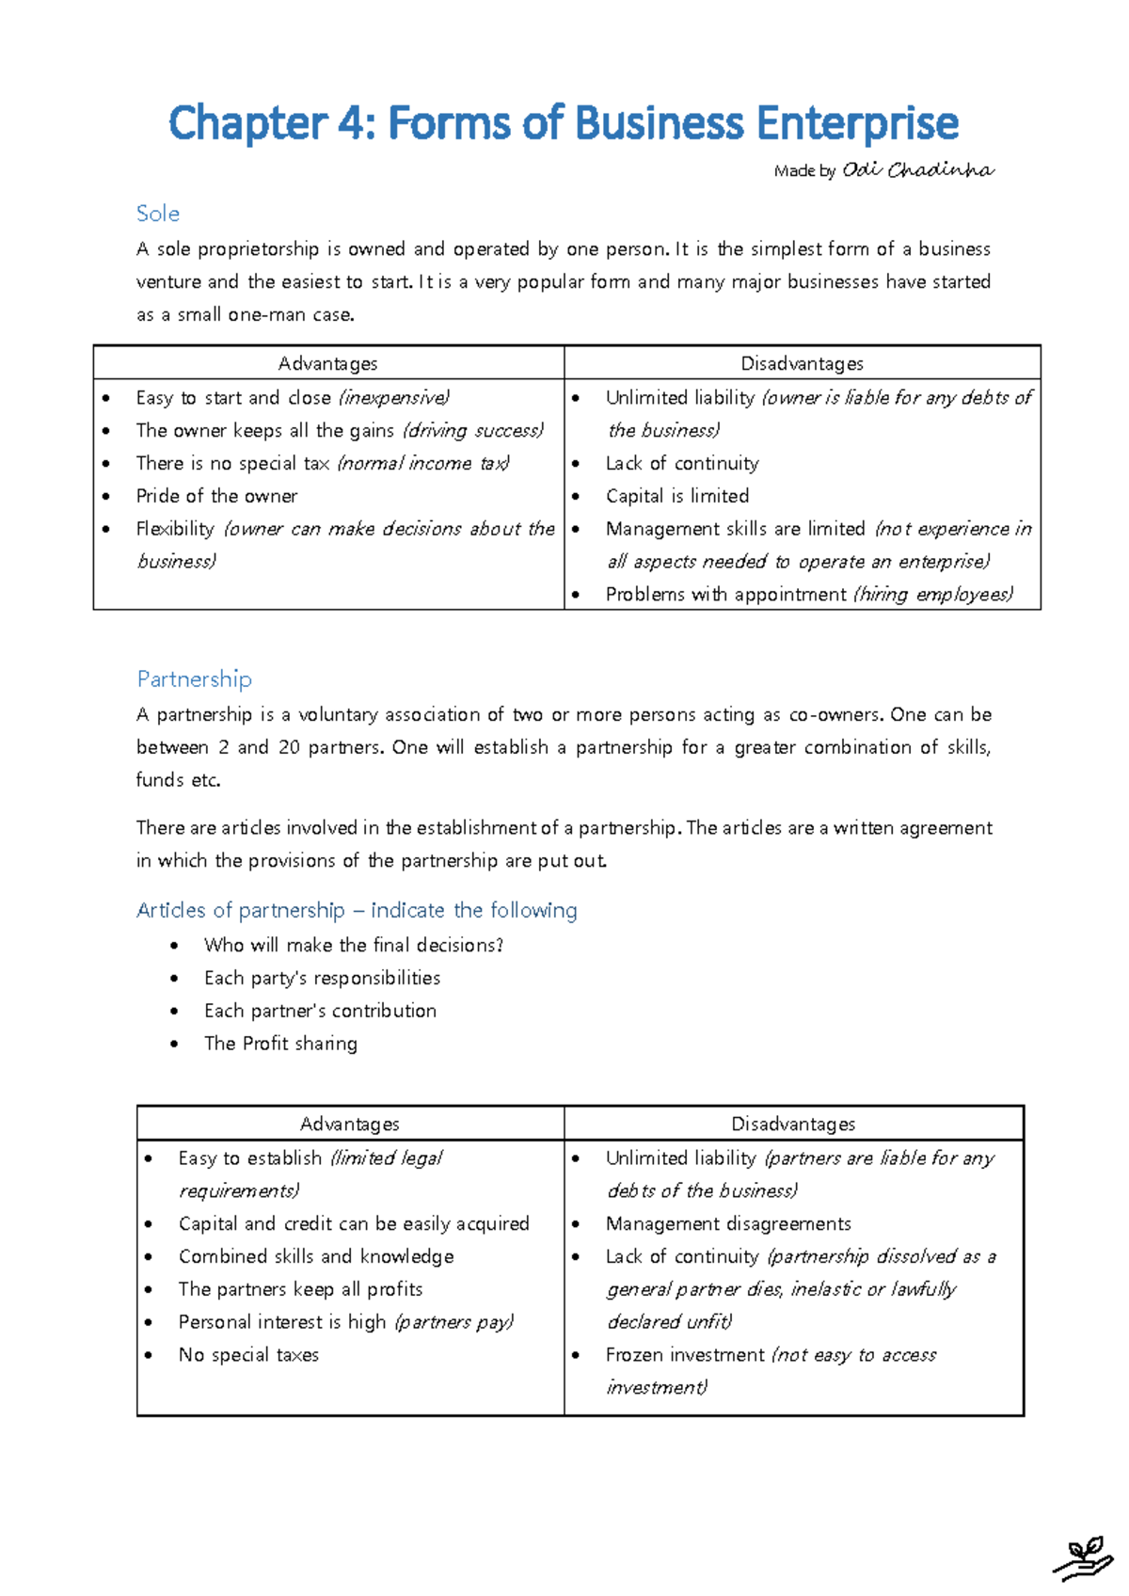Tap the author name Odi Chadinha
point(917,170)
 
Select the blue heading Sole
point(157,214)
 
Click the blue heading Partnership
point(194,679)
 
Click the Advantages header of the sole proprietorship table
point(327,363)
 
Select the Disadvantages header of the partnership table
point(793,1124)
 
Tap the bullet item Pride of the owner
point(216,496)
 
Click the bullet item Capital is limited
point(677,496)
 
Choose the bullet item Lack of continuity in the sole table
point(682,463)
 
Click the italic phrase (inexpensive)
point(393,398)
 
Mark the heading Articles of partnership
point(240,910)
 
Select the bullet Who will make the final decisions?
point(353,945)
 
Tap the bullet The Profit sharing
point(280,1044)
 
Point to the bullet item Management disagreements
point(728,1223)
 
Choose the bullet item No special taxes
point(248,1355)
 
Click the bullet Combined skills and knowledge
point(316,1256)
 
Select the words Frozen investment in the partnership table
point(685,1355)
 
